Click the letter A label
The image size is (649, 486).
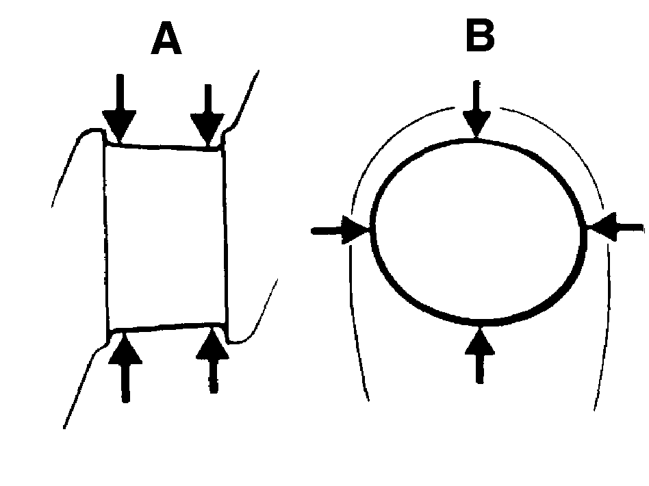[166, 38]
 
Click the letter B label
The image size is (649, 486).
[480, 36]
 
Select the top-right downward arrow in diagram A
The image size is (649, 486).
[208, 116]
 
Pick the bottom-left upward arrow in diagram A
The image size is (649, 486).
[125, 367]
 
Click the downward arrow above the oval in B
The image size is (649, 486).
[476, 109]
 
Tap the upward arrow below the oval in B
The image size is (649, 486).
[480, 355]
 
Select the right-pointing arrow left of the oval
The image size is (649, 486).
[340, 230]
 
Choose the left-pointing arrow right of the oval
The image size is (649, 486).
[616, 227]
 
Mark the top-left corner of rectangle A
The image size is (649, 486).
[105, 144]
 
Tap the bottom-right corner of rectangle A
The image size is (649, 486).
[227, 322]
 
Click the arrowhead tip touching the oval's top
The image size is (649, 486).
[476, 138]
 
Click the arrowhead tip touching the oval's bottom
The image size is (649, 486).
[480, 327]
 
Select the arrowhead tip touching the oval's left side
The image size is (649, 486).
[370, 229]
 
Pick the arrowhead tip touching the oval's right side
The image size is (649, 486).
[587, 227]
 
